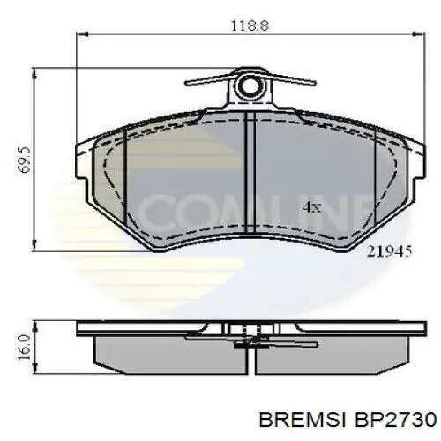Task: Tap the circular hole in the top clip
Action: (x=251, y=87)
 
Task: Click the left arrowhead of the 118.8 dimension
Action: (x=82, y=34)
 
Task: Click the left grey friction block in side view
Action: (x=159, y=354)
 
